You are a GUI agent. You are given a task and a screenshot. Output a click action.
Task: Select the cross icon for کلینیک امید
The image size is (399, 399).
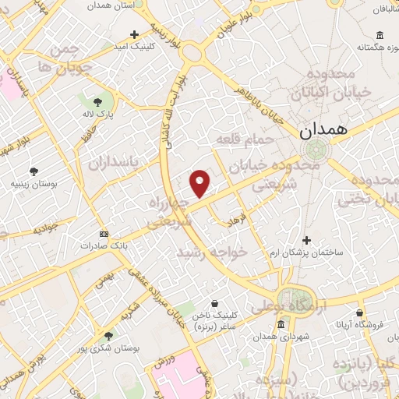click(x=135, y=35)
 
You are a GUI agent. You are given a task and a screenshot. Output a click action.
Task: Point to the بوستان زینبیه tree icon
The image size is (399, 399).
click(x=33, y=171)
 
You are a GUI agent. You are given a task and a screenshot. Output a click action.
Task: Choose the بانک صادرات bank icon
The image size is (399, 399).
click(x=104, y=234)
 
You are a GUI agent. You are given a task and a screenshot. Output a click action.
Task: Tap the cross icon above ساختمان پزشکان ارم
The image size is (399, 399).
click(x=307, y=241)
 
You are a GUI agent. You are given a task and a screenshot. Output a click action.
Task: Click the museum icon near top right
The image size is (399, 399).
click(x=380, y=35)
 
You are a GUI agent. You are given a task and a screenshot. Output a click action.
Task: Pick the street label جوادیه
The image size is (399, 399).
click(x=48, y=230)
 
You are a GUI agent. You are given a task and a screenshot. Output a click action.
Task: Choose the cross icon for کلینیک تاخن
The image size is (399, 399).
click(x=215, y=304)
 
